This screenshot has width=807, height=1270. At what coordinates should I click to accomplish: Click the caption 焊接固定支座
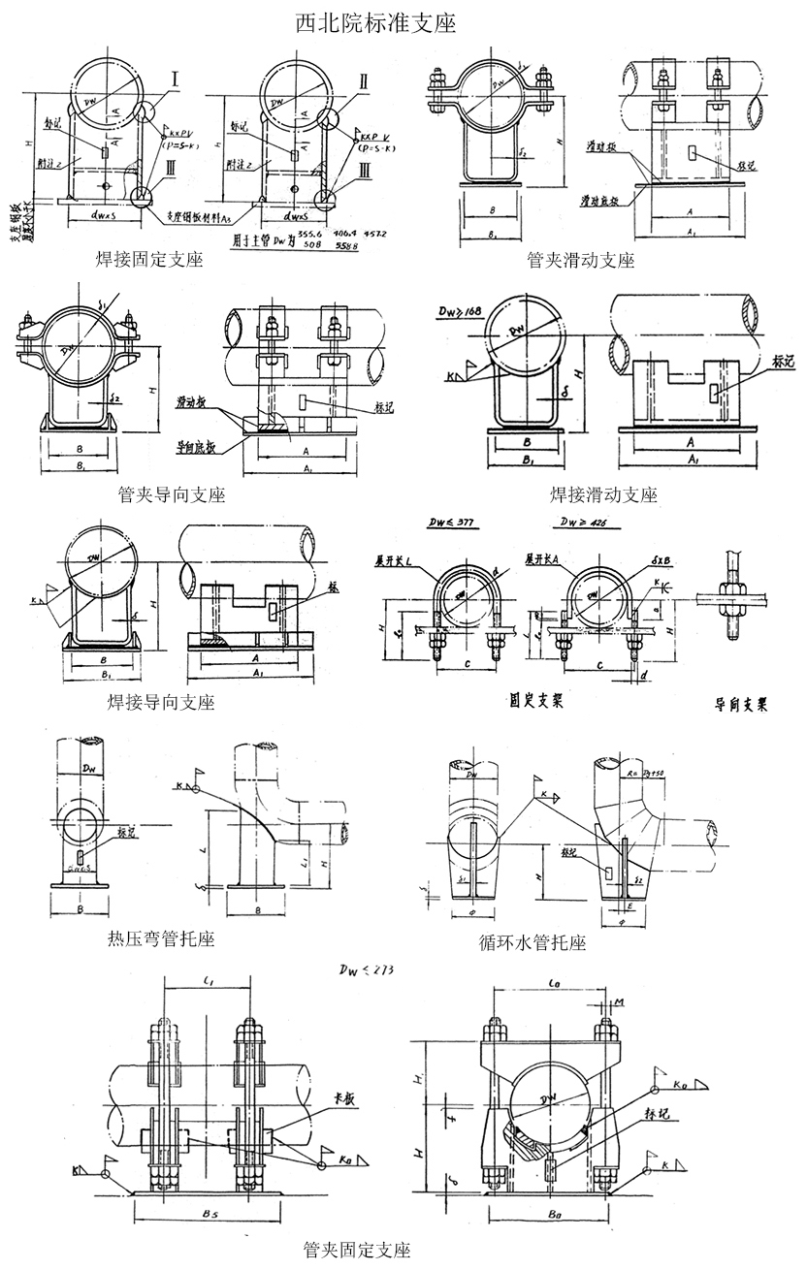pyautogui.click(x=149, y=259)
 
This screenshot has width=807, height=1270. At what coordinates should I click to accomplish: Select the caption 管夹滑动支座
pyautogui.click(x=581, y=260)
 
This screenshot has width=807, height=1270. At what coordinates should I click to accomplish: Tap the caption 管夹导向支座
pyautogui.click(x=171, y=495)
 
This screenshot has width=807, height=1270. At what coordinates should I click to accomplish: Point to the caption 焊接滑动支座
pyautogui.click(x=603, y=495)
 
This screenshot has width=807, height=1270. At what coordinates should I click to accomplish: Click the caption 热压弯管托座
pyautogui.click(x=159, y=938)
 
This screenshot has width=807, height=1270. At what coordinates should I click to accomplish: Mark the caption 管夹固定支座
pyautogui.click(x=357, y=1249)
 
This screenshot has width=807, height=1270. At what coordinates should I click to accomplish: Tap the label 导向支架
pyautogui.click(x=741, y=706)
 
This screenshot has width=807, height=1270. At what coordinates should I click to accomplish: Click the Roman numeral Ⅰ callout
pyautogui.click(x=176, y=76)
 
